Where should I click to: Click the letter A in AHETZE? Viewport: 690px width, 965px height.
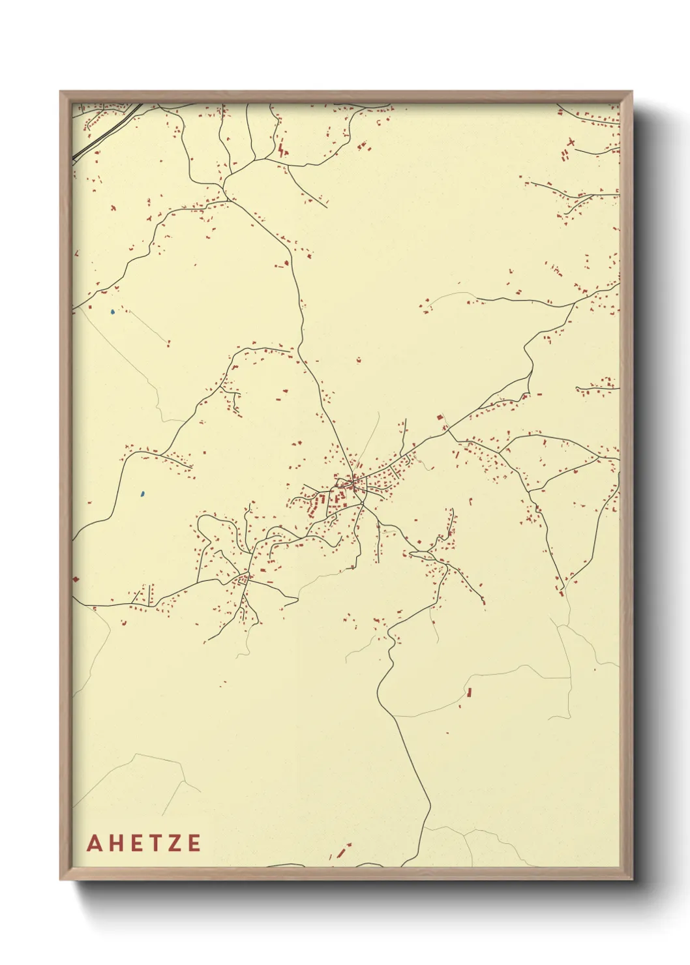coord(95,843)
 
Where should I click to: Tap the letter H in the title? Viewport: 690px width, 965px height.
coord(117,843)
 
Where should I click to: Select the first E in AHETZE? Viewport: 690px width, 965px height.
coord(139,843)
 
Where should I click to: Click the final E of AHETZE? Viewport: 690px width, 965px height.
coord(194,843)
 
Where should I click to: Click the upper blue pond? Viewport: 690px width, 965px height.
coord(113,312)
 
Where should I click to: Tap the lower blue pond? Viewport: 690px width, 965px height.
coord(142,494)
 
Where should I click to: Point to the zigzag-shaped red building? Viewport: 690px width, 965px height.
coord(281,151)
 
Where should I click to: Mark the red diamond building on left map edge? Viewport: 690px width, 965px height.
coord(76,578)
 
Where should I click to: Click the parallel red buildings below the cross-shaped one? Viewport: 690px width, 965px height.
coord(564,156)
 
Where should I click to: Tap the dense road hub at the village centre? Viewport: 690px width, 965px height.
coord(353,483)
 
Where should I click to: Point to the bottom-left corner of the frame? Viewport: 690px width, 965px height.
coord(61,878)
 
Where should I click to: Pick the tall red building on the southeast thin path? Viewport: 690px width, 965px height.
coord(468,692)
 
